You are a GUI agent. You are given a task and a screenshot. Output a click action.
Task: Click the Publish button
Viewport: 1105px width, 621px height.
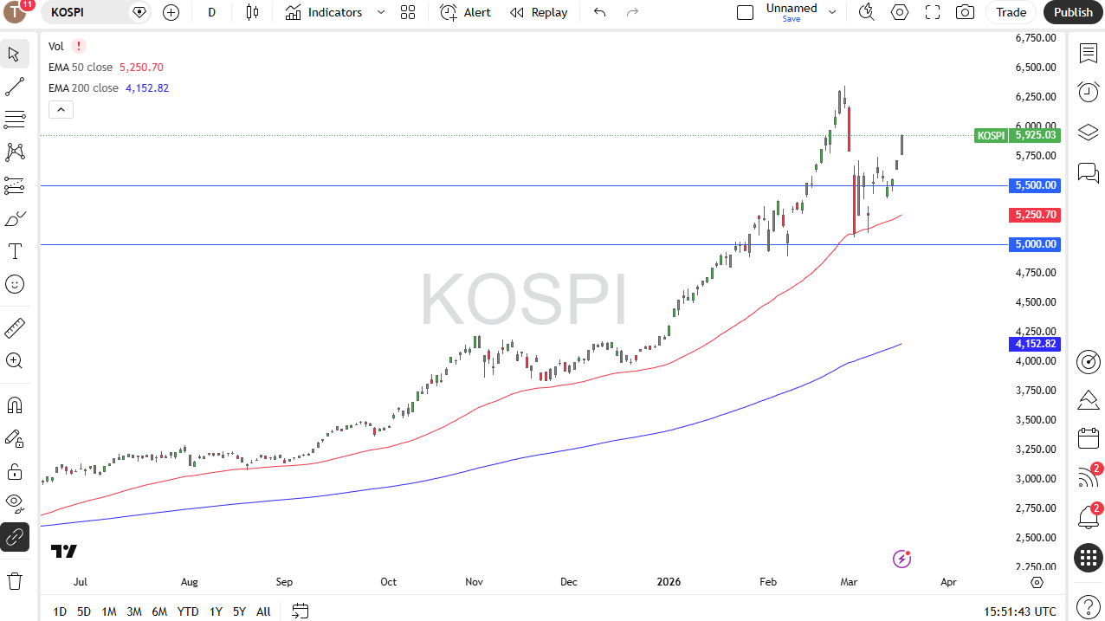1073,12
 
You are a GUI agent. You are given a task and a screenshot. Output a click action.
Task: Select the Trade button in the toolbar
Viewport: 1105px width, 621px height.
1011,12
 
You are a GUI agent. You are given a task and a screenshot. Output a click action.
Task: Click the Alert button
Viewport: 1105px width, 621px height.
466,12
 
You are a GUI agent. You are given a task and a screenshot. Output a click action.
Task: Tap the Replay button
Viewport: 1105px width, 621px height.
539,12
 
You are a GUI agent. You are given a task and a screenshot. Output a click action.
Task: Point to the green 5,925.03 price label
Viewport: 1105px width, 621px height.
1036,135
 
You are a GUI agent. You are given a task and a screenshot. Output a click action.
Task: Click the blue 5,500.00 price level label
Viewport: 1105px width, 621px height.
1036,185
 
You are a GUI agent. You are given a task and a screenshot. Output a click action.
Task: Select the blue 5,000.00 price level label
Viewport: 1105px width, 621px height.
1036,244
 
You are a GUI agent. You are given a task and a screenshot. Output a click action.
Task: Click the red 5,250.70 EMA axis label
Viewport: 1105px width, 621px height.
1036,215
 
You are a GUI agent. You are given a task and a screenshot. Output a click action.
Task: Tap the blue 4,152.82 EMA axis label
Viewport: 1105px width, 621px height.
1036,344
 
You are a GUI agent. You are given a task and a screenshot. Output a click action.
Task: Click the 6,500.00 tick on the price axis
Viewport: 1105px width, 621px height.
1036,68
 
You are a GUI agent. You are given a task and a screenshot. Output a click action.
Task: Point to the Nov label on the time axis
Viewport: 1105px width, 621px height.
474,582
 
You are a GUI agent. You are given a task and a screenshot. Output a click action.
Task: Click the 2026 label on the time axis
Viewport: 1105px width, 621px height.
669,582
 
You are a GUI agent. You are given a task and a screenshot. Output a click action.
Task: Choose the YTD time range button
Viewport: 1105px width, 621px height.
188,611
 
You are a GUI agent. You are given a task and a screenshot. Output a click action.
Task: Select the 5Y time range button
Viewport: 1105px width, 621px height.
239,611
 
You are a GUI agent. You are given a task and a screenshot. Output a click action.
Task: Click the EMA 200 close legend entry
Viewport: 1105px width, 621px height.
84,88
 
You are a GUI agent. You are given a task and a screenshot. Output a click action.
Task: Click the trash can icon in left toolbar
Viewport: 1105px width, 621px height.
15,580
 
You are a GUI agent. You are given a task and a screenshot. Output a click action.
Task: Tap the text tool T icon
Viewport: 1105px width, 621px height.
15,251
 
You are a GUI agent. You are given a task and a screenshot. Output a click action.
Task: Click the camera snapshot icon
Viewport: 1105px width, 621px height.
964,12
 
